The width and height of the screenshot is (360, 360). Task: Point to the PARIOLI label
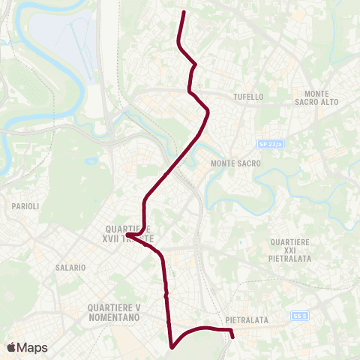(x=25, y=205)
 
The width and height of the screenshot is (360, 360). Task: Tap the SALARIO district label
(x=70, y=267)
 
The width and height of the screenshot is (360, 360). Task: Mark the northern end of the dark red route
(x=184, y=12)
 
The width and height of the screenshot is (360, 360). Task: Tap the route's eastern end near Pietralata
(x=233, y=337)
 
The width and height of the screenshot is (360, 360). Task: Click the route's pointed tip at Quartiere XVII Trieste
(x=127, y=235)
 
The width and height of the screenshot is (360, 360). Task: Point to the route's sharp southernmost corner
(x=172, y=347)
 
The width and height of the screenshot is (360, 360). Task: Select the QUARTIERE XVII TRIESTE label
(x=131, y=234)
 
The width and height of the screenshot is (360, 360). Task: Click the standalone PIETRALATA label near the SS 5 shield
(x=247, y=320)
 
